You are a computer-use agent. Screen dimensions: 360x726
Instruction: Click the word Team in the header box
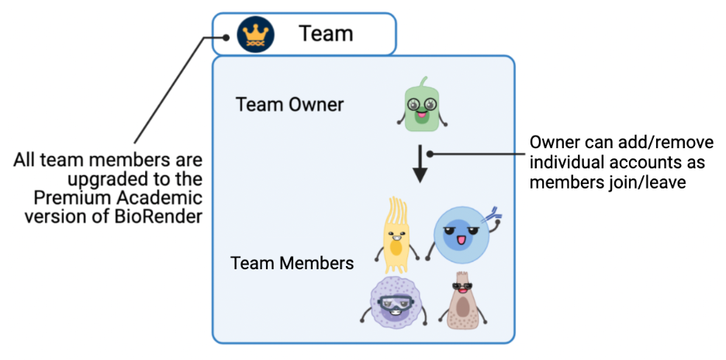[x=326, y=34]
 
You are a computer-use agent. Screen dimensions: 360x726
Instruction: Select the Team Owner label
[x=289, y=104]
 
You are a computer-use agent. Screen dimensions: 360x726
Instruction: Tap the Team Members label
[x=292, y=263]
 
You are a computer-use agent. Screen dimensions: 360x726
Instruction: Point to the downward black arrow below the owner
[x=420, y=164]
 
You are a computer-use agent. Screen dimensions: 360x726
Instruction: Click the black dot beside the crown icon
[x=225, y=36]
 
